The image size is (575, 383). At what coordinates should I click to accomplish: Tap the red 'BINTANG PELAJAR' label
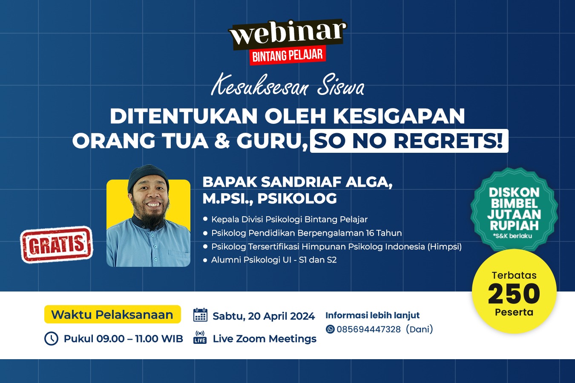(287, 55)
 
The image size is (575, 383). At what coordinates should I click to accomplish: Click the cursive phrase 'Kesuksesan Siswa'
(287, 88)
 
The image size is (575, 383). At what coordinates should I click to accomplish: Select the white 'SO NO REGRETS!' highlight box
(409, 141)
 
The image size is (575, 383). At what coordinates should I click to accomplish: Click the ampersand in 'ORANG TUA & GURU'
(222, 141)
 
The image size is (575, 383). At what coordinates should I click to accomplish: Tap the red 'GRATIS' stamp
(57, 244)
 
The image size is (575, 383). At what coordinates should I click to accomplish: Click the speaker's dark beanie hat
(148, 177)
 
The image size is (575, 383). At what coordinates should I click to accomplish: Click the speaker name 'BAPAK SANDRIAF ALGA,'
(298, 182)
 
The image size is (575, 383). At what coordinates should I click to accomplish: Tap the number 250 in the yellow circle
(514, 294)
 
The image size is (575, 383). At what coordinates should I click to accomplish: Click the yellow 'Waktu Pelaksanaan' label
(112, 314)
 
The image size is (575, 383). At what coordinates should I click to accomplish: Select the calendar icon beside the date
(200, 315)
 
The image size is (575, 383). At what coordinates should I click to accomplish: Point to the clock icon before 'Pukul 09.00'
(52, 338)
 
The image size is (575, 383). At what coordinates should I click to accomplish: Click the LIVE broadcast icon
(200, 337)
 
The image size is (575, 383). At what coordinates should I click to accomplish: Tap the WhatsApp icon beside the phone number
(330, 329)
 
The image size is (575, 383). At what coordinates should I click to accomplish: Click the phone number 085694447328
(368, 329)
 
